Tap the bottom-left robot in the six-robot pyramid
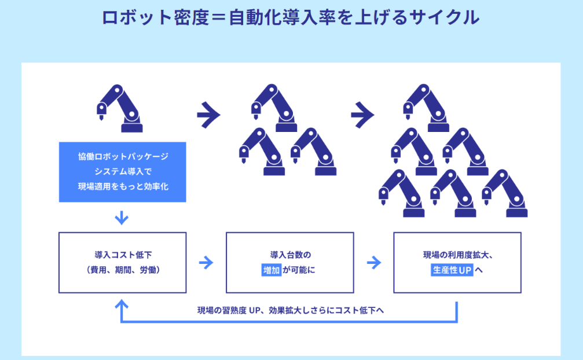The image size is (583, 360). click(401, 194)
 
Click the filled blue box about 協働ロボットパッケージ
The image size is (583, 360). click(123, 172)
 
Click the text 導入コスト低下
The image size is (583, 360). click(122, 255)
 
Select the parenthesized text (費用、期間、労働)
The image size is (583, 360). click(122, 270)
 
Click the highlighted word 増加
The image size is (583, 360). click(271, 270)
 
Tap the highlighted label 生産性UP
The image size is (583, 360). click(452, 270)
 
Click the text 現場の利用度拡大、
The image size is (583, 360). click(457, 255)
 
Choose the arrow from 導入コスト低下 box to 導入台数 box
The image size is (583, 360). click(206, 263)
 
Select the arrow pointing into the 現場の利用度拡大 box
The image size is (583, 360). click(373, 263)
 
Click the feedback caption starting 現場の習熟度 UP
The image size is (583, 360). click(290, 310)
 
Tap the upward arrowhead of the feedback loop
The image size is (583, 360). click(122, 303)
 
